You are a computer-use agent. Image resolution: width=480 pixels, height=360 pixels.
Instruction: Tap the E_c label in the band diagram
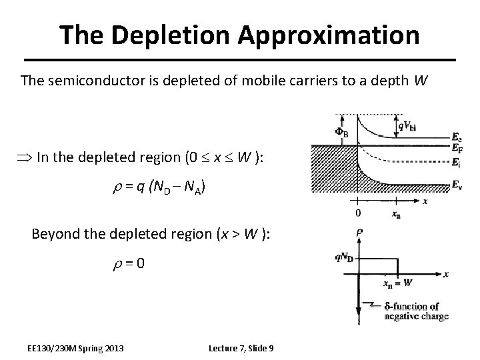[456, 139]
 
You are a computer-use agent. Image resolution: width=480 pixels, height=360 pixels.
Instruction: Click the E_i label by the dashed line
[455, 162]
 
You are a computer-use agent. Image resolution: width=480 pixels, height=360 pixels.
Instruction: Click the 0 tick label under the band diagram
[359, 213]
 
